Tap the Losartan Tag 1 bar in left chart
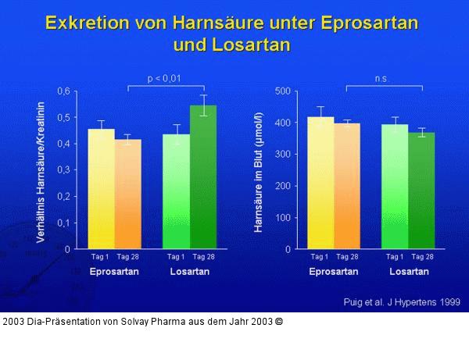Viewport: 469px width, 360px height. coord(176,191)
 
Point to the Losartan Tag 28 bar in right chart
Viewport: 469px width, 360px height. coord(421,191)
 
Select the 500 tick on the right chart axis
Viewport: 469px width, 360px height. coord(282,91)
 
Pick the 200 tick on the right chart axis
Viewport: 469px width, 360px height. coord(282,186)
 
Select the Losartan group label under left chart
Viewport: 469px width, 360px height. coord(189,272)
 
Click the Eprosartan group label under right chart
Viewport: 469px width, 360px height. coord(333,272)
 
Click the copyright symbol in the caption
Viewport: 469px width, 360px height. coord(278,321)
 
